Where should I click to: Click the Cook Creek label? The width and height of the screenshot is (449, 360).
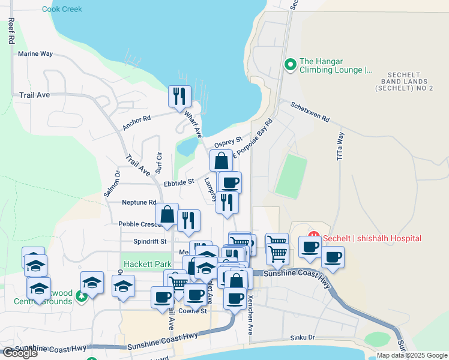pyautogui.click(x=62, y=9)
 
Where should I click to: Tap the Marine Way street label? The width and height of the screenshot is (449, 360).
pyautogui.click(x=35, y=54)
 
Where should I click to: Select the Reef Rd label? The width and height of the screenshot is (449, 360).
pyautogui.click(x=11, y=31)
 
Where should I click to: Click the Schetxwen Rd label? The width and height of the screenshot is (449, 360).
pyautogui.click(x=310, y=112)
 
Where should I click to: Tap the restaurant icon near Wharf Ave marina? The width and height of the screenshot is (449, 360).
pyautogui.click(x=179, y=97)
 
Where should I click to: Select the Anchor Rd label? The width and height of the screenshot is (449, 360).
pyautogui.click(x=136, y=122)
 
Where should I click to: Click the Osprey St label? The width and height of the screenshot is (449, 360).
pyautogui.click(x=228, y=143)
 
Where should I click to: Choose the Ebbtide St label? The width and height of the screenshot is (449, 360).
pyautogui.click(x=179, y=181)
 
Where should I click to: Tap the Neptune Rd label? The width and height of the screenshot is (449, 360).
pyautogui.click(x=139, y=203)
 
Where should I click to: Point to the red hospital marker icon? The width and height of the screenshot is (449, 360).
pyautogui.click(x=313, y=238)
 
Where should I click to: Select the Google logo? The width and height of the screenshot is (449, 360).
pyautogui.click(x=20, y=353)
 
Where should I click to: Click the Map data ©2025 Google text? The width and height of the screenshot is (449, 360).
pyautogui.click(x=412, y=355)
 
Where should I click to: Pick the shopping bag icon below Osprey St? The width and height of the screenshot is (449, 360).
pyautogui.click(x=221, y=161)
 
